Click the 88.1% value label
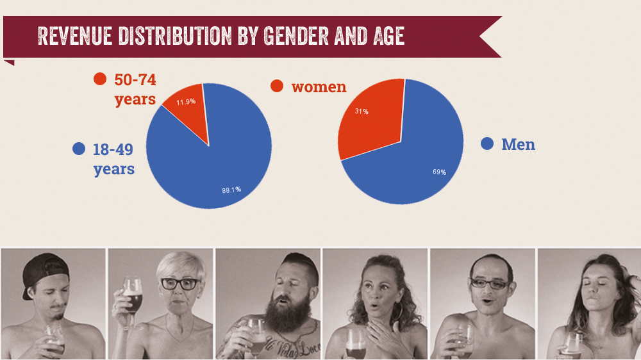click(x=231, y=189)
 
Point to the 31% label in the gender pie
click(x=362, y=111)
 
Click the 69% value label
click(x=439, y=172)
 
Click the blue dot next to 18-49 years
click(x=79, y=149)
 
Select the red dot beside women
click(x=277, y=86)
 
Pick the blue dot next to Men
click(x=487, y=144)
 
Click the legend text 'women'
click(x=319, y=86)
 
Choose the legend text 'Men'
click(x=518, y=145)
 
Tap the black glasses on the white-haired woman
click(x=178, y=284)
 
